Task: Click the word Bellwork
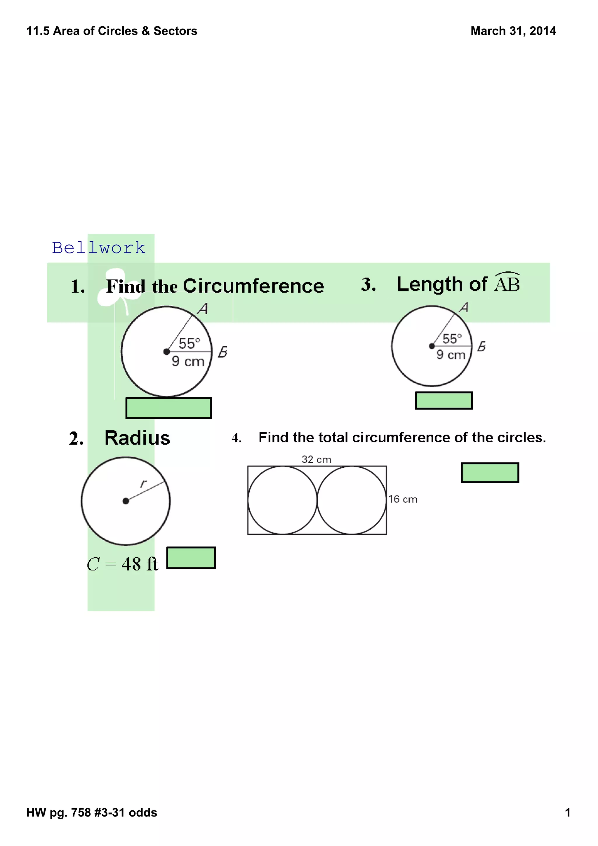click(x=99, y=248)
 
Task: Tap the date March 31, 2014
click(x=513, y=31)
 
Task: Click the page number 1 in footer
click(x=567, y=812)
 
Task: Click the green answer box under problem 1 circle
click(x=169, y=408)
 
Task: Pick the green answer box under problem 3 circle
click(x=444, y=401)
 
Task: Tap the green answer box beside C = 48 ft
click(x=191, y=558)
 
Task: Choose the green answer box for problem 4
click(x=490, y=473)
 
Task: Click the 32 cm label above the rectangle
click(x=316, y=459)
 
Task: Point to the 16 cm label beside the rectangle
click(x=403, y=499)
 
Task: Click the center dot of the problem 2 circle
click(x=126, y=501)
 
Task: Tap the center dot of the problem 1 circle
click(x=166, y=352)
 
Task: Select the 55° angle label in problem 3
click(x=452, y=339)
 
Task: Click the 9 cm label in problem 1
click(x=188, y=361)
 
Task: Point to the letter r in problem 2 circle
click(x=144, y=483)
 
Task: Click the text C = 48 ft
click(x=122, y=564)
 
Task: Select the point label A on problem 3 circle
click(x=464, y=308)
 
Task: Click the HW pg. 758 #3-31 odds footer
click(x=92, y=812)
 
